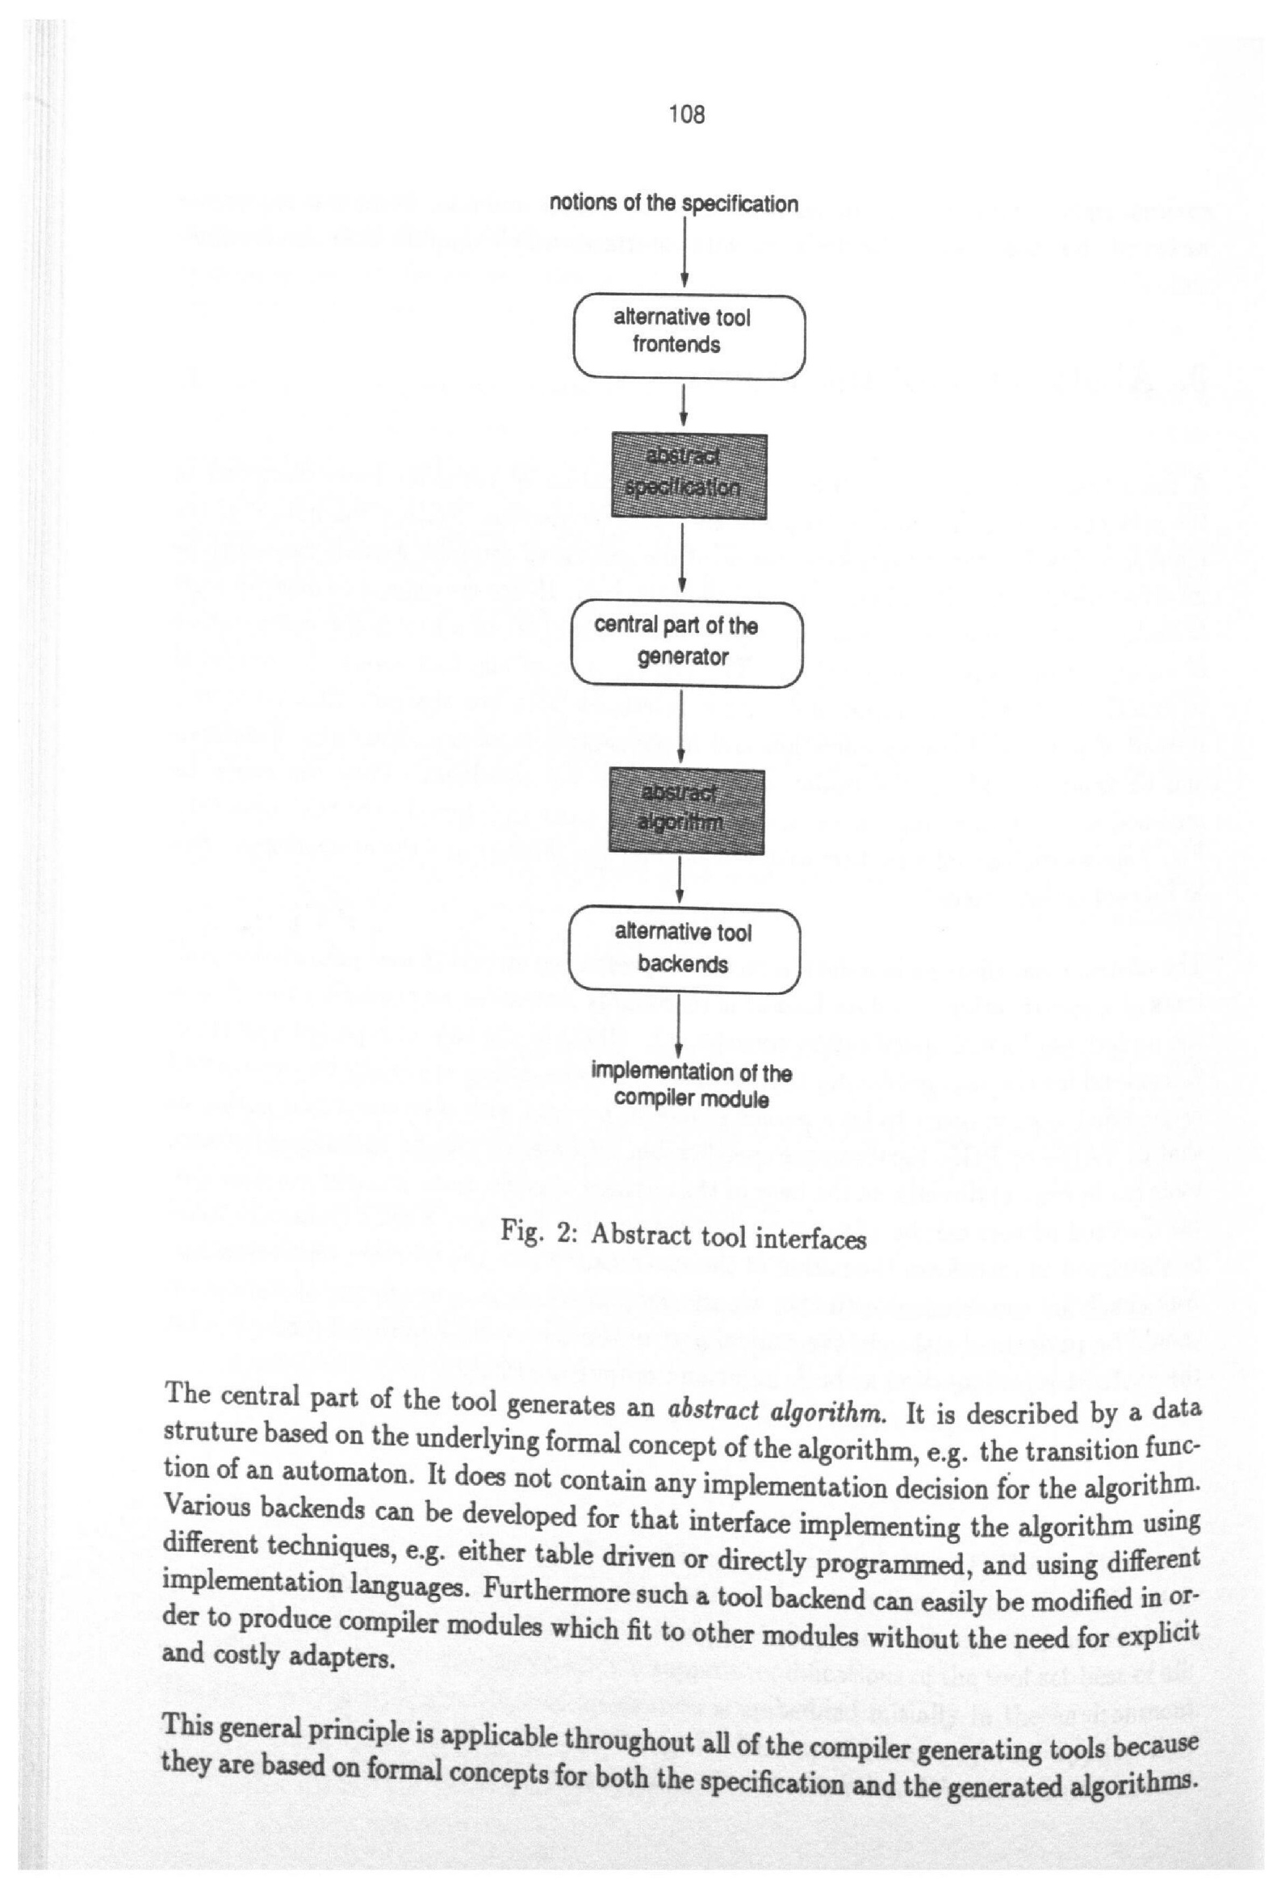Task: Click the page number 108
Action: [x=686, y=115]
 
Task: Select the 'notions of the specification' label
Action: [x=673, y=203]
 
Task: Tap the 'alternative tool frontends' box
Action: [x=689, y=336]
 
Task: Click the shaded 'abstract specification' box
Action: [x=689, y=476]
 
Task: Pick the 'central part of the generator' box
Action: [x=686, y=644]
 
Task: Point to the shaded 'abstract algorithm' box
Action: [x=686, y=811]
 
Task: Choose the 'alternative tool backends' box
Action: [x=684, y=950]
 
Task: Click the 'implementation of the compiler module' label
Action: [x=690, y=1085]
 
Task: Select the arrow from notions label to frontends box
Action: [x=684, y=252]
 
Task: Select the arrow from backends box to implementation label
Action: [x=678, y=1026]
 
